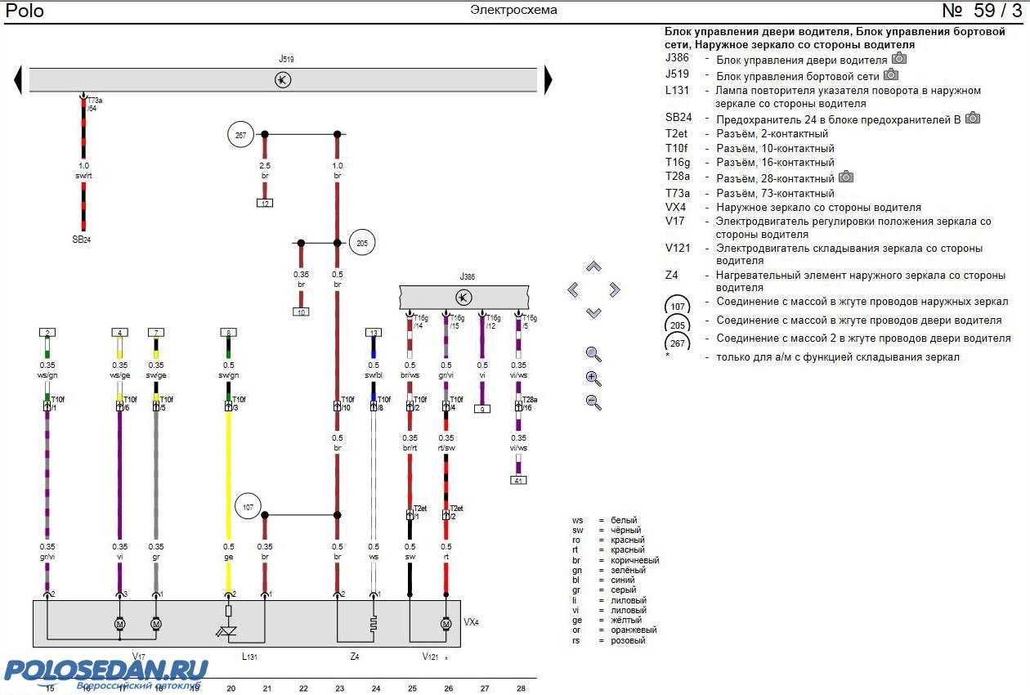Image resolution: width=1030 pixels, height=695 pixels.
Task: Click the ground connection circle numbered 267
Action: point(241,136)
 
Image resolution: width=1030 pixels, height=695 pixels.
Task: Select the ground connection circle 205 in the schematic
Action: point(361,242)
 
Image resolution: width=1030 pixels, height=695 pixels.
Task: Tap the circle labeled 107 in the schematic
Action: point(249,508)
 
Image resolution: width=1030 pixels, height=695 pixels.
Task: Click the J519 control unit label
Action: point(286,60)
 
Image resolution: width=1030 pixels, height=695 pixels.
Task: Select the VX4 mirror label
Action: point(471,622)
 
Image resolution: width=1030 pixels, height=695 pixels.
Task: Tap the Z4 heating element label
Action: point(354,657)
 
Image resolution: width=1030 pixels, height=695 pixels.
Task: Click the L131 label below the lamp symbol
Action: point(249,657)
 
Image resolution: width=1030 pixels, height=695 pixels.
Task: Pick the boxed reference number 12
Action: point(265,203)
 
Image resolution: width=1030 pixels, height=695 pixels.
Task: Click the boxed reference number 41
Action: point(518,480)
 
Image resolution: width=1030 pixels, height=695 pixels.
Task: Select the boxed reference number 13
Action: point(374,333)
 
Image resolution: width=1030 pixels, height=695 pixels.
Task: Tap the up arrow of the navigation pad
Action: point(594,267)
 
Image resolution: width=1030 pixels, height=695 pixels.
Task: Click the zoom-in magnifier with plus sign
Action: point(594,379)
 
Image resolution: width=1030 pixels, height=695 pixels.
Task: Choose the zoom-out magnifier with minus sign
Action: point(594,402)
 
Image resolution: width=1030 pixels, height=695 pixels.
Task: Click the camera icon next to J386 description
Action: point(899,59)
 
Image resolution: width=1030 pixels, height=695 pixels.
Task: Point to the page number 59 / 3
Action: point(981,11)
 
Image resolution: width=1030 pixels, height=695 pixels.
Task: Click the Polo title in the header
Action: point(25,11)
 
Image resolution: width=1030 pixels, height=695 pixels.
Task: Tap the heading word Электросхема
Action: point(513,11)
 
